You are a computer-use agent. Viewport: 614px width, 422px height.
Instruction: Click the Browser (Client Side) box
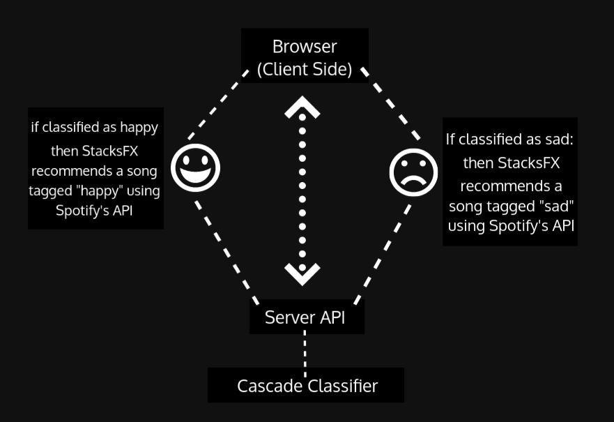click(x=305, y=56)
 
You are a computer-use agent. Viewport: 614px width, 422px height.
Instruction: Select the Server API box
click(x=307, y=317)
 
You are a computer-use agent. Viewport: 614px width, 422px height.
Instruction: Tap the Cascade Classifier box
click(x=306, y=386)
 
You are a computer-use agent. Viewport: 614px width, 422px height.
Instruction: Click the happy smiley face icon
click(x=195, y=167)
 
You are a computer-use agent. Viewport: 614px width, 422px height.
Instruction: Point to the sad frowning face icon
click(x=413, y=172)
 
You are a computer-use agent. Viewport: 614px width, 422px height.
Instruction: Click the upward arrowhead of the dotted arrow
click(x=302, y=108)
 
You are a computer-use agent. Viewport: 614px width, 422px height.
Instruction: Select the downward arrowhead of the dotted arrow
click(x=302, y=273)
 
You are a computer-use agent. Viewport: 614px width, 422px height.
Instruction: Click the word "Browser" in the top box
click(x=305, y=47)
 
